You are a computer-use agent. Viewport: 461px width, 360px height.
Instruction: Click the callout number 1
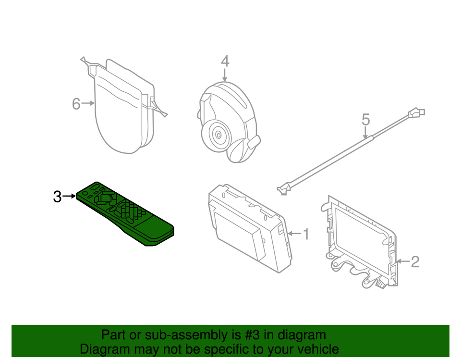click(305, 234)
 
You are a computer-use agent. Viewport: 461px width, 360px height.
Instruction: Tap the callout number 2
click(415, 261)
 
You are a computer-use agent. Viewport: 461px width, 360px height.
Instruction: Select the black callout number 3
click(57, 196)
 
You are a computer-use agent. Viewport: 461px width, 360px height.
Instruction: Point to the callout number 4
click(225, 61)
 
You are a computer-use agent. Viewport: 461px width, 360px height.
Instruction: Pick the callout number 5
click(366, 119)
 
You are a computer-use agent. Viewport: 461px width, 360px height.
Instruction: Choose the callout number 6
click(76, 103)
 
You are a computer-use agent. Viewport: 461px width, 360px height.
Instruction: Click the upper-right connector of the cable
click(416, 113)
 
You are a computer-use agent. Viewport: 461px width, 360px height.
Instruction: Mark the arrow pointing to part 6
click(88, 103)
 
